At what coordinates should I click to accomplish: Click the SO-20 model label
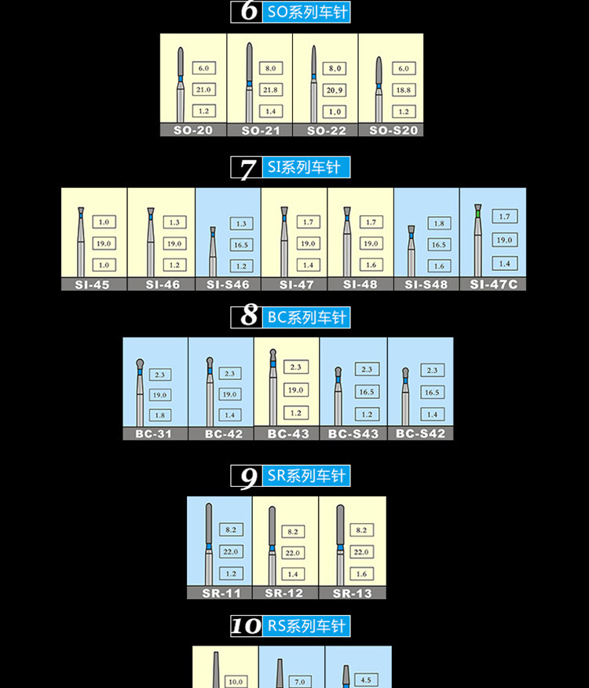tap(193, 130)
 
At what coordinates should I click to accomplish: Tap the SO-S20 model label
tap(391, 130)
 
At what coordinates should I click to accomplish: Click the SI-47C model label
tap(493, 284)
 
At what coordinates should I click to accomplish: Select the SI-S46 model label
tap(228, 284)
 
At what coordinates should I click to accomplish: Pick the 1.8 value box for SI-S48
tap(437, 224)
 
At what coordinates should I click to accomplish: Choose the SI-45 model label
tap(94, 284)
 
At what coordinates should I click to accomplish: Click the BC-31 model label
tap(155, 434)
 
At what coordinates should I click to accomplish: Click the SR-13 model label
tap(352, 593)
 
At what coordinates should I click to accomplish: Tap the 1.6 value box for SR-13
tap(362, 573)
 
